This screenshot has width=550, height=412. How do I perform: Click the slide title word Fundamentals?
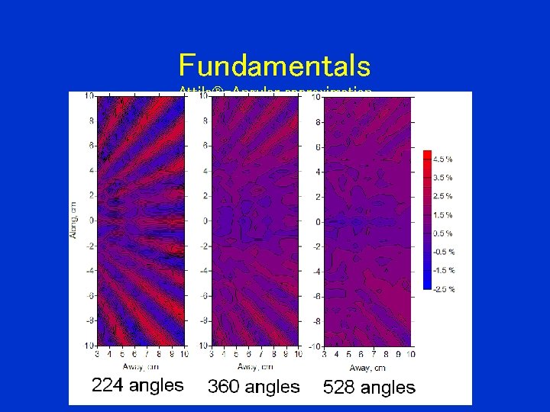pos(274,66)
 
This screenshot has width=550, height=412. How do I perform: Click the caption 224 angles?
pos(137,385)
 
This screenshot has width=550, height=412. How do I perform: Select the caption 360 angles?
pos(254,387)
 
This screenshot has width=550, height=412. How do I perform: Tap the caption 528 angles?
pos(369,388)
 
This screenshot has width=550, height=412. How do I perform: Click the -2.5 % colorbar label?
pos(444,289)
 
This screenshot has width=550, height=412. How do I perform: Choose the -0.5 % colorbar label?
pos(444,252)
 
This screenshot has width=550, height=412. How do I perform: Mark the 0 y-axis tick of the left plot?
pos(91,220)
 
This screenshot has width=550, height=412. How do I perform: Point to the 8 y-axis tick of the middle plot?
pos(204,121)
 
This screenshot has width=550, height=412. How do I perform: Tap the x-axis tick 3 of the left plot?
pos(97,354)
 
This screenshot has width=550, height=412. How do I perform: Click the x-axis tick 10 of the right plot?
pos(411,355)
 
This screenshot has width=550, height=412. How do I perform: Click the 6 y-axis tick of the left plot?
pos(91,145)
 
